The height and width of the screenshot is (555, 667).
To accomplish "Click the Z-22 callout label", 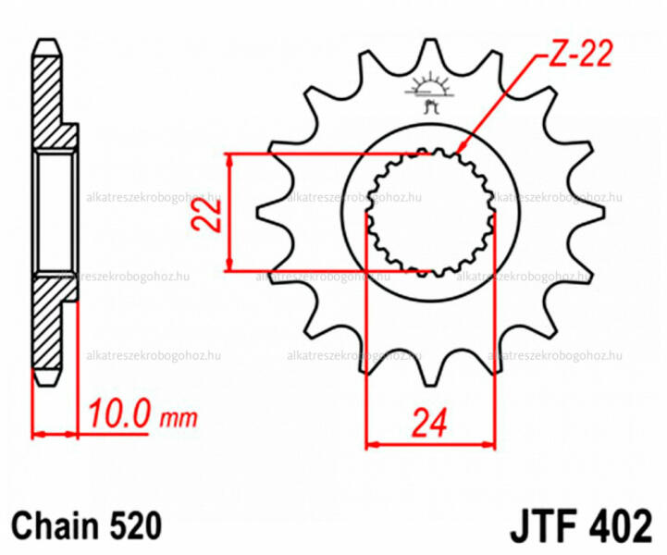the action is (x=580, y=54).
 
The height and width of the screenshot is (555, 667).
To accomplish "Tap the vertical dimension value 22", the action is (x=206, y=216).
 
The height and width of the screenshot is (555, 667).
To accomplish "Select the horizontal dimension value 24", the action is (x=429, y=423).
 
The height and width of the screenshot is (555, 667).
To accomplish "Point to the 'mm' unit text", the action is (x=179, y=418).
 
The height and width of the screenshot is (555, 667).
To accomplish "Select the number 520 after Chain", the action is (x=136, y=525).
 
